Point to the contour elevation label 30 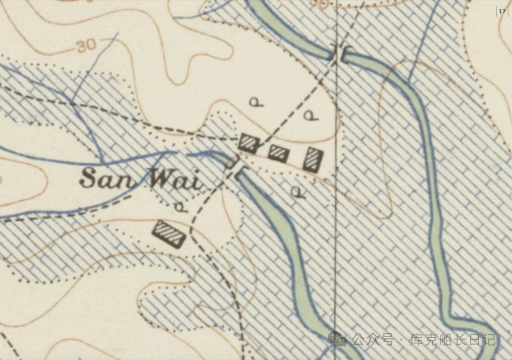pyautogui.click(x=85, y=46)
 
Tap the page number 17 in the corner pyautogui.click(x=502, y=11)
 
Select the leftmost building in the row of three pyautogui.click(x=248, y=143)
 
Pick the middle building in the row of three pyautogui.click(x=278, y=153)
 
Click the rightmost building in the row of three pyautogui.click(x=312, y=159)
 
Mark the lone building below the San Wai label pyautogui.click(x=168, y=234)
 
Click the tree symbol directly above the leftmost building pyautogui.click(x=256, y=101)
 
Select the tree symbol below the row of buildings pyautogui.click(x=297, y=191)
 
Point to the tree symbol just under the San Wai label pyautogui.click(x=180, y=207)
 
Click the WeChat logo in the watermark pyautogui.click(x=338, y=339)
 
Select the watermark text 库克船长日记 pyautogui.click(x=453, y=340)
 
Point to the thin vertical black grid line pyautogui.click(x=336, y=237)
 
